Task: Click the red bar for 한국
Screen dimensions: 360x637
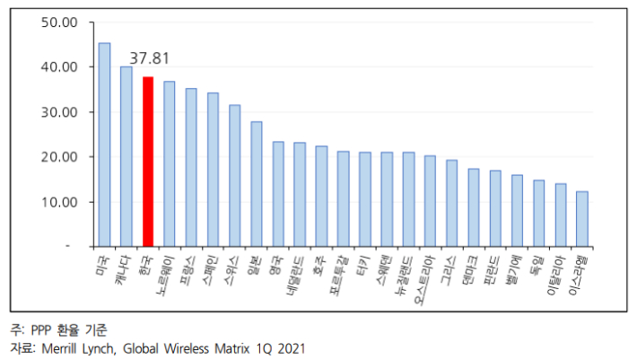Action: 148,162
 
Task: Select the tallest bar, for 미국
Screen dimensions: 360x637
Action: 104,145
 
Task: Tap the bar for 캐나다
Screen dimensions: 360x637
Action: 127,156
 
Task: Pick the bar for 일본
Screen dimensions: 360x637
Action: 257,184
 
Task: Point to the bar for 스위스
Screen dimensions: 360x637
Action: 235,176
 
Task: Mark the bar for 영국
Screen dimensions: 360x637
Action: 278,194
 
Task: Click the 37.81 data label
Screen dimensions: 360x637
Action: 149,58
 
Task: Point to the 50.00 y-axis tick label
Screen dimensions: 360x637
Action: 60,22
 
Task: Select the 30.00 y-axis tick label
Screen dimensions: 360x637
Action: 60,112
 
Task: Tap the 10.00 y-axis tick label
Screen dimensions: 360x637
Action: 60,202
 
